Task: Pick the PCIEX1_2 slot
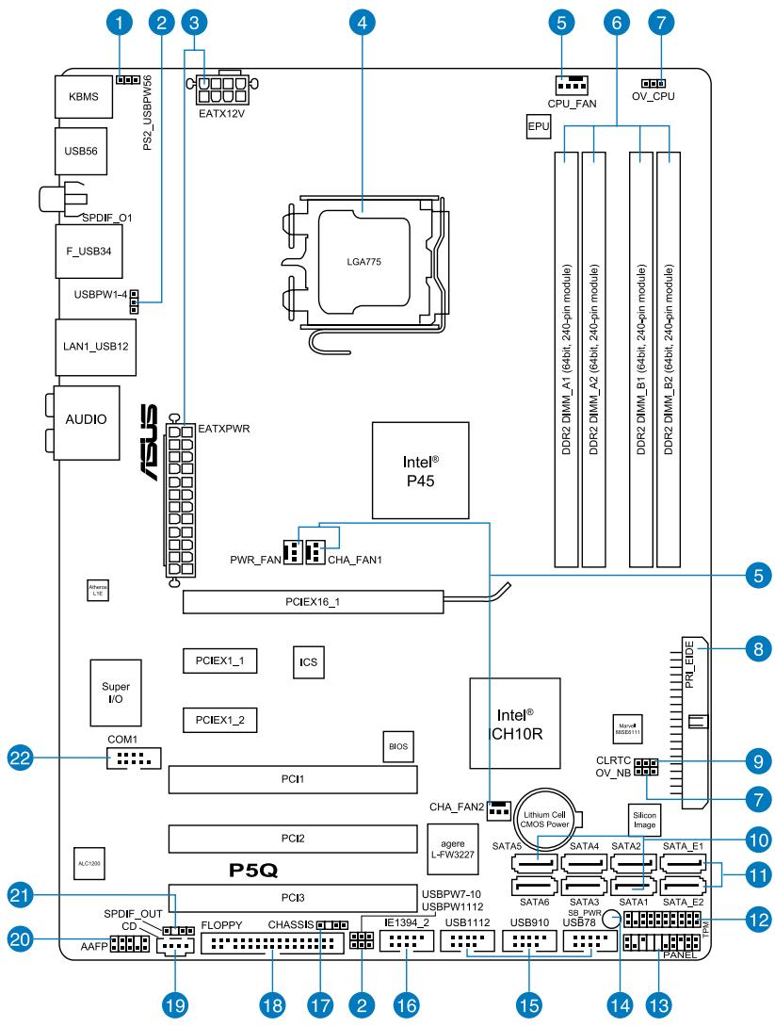click(x=220, y=720)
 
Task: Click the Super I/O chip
click(x=110, y=693)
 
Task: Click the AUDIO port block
click(x=86, y=416)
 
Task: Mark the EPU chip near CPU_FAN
click(x=538, y=126)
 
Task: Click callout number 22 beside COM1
click(x=21, y=757)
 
